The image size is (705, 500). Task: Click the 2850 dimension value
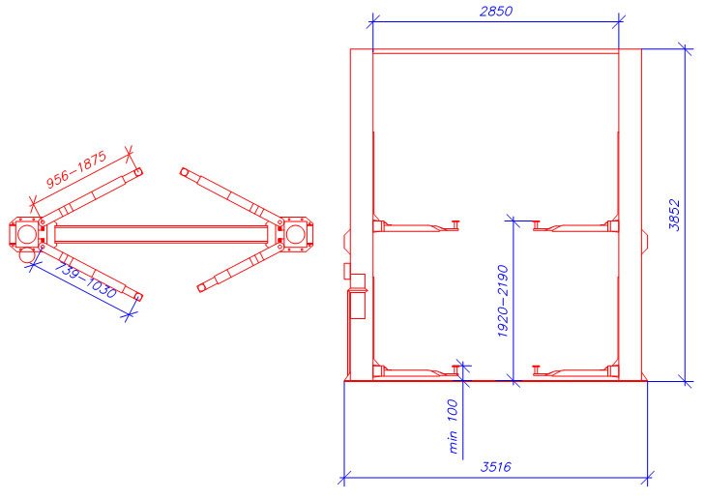[x=495, y=11]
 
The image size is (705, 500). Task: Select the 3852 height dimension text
[x=674, y=215]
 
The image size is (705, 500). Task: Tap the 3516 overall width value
[x=495, y=467]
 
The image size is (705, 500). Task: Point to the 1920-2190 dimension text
[x=503, y=302]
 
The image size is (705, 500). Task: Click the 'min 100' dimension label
[x=454, y=426]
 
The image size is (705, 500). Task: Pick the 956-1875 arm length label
[x=77, y=169]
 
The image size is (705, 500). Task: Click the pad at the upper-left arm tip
[x=138, y=172]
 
